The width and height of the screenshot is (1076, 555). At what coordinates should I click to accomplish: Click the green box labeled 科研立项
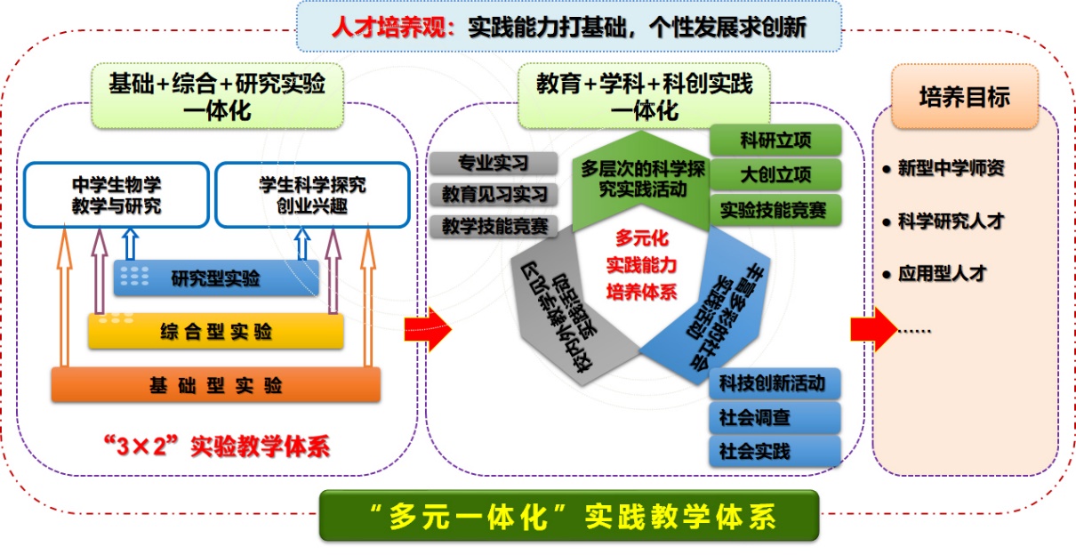775,140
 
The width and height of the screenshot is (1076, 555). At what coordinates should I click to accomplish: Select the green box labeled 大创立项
775,174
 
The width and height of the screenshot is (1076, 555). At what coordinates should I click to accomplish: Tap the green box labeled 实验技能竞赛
775,210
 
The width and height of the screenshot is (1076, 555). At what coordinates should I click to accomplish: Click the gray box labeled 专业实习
493,164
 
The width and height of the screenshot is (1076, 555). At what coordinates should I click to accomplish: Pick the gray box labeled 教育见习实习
493,195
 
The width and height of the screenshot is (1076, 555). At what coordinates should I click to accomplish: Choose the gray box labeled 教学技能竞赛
493,226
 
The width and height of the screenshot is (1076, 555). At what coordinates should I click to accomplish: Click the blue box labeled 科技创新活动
775,383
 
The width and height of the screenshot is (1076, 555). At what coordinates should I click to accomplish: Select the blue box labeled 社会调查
775,417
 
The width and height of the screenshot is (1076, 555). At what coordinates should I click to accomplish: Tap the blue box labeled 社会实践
775,451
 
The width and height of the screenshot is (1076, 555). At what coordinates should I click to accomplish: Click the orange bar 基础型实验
215,385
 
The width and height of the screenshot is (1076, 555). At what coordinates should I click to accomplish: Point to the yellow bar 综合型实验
215,333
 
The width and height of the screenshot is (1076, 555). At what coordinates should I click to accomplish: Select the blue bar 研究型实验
216,278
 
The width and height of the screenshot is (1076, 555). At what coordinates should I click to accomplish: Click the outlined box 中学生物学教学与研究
116,196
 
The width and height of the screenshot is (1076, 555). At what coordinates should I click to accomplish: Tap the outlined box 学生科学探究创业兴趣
312,196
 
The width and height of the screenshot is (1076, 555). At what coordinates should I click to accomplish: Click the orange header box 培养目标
965,96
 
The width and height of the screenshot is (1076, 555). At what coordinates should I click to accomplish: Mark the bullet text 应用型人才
942,274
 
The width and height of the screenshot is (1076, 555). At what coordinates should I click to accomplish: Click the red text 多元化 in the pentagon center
641,239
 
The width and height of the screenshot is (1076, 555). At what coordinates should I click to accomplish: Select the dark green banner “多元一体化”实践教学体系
569,517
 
